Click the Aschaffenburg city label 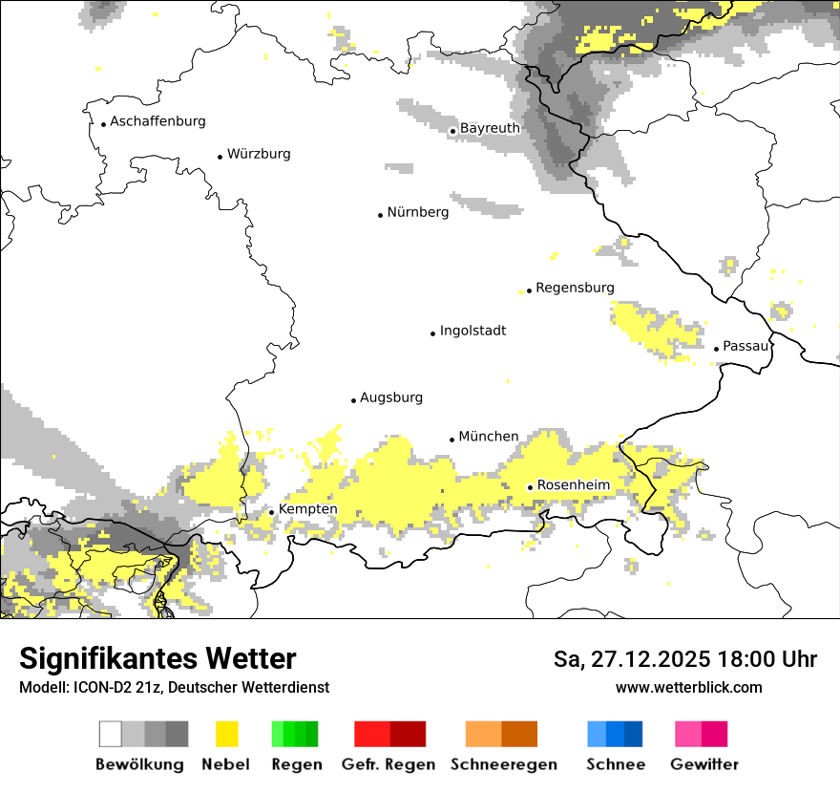pyautogui.click(x=157, y=122)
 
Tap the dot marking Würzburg pyautogui.click(x=220, y=156)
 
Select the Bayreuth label pyautogui.click(x=490, y=128)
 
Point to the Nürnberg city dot pyautogui.click(x=380, y=215)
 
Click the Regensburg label pyautogui.click(x=575, y=288)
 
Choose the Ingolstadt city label pyautogui.click(x=472, y=332)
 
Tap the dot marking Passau pyautogui.click(x=716, y=349)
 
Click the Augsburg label pyautogui.click(x=391, y=397)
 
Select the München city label pyautogui.click(x=489, y=437)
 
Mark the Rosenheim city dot pyautogui.click(x=530, y=487)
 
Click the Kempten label pyautogui.click(x=307, y=509)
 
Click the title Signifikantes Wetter pyautogui.click(x=157, y=659)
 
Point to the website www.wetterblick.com pyautogui.click(x=688, y=687)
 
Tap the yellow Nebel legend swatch pyautogui.click(x=226, y=734)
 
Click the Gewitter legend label pyautogui.click(x=703, y=764)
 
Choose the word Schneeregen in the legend pyautogui.click(x=503, y=764)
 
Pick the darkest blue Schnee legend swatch pyautogui.click(x=633, y=734)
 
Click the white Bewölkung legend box pyautogui.click(x=111, y=734)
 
